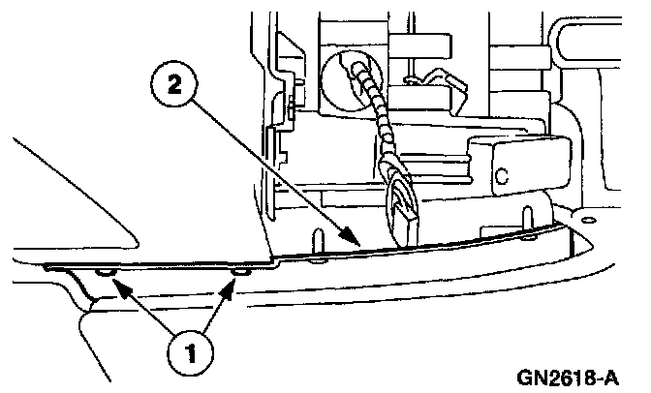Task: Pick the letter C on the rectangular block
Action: [502, 177]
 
